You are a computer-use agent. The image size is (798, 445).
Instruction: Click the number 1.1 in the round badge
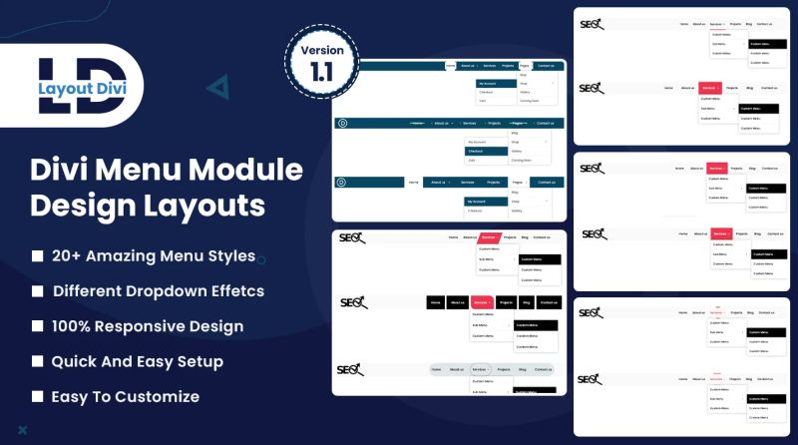(319, 72)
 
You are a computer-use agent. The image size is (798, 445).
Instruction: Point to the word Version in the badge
(319, 50)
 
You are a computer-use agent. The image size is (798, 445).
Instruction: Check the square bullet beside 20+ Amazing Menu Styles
(37, 256)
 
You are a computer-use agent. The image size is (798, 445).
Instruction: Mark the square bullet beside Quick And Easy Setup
(37, 361)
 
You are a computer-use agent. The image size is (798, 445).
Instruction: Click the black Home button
(436, 302)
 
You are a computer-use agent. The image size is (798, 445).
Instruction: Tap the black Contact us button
(549, 302)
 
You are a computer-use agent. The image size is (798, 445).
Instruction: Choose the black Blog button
(526, 302)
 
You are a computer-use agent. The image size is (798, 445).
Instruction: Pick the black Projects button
(507, 302)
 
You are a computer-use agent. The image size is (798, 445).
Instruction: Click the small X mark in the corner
(22, 430)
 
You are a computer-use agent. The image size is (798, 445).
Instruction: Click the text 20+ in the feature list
(67, 256)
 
